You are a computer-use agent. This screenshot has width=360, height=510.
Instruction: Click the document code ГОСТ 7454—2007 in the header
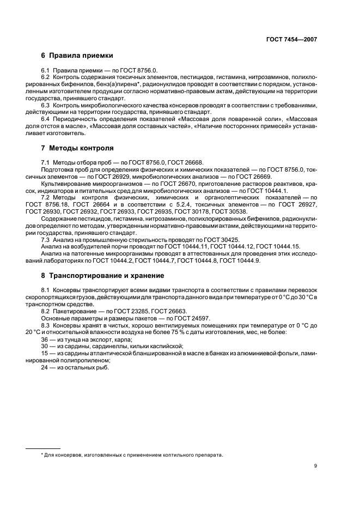[x=292, y=40]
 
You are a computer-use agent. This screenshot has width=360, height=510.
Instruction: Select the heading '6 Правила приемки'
[x=77, y=56]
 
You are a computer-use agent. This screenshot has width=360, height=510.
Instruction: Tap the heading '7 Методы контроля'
[x=77, y=148]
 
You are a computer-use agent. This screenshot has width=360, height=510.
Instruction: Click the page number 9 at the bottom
[x=315, y=466]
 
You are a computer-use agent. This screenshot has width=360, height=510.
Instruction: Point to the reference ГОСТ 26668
[x=185, y=162]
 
